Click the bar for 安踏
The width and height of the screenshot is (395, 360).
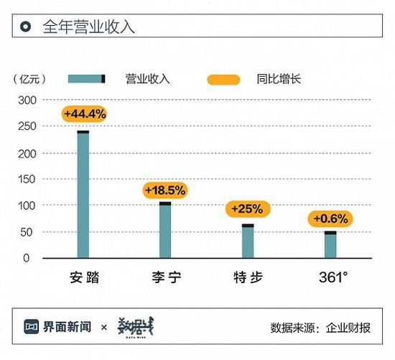pos(83,194)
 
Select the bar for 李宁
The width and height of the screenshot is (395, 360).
pos(165,230)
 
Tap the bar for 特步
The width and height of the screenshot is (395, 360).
pos(248,241)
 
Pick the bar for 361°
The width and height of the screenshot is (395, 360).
pos(330,244)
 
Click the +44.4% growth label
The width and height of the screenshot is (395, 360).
pos(85,114)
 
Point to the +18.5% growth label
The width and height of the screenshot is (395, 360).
pos(165,190)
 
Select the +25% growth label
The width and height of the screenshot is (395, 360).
pos(248,209)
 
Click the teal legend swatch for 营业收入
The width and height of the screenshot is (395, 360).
pos(87,78)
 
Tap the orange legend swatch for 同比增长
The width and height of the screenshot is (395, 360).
pos(223,78)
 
